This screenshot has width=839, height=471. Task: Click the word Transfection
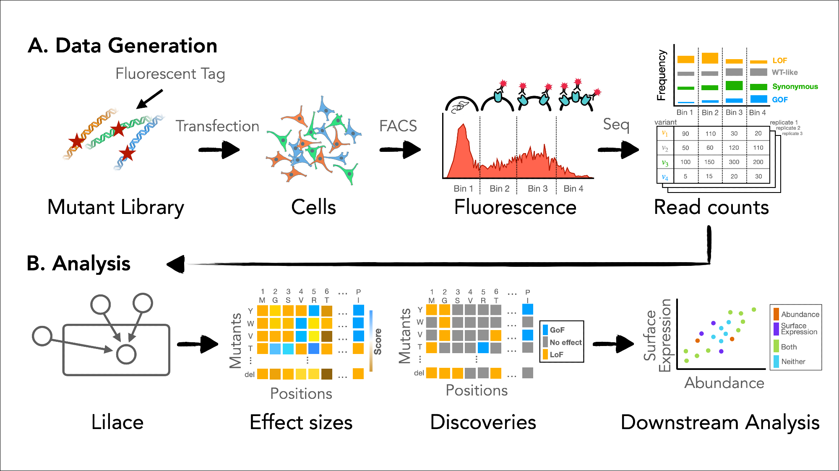pyautogui.click(x=217, y=126)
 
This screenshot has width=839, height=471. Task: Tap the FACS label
pyautogui.click(x=398, y=126)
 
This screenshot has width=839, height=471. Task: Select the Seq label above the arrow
pyautogui.click(x=616, y=125)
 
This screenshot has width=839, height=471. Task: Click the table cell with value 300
pyautogui.click(x=734, y=162)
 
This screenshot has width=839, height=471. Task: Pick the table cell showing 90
pyautogui.click(x=685, y=134)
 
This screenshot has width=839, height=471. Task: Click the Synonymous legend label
pyautogui.click(x=795, y=86)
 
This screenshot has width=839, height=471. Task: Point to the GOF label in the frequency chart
pyautogui.click(x=780, y=100)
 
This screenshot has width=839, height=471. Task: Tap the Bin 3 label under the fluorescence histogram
pyautogui.click(x=537, y=189)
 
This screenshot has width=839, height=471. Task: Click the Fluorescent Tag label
pyautogui.click(x=170, y=74)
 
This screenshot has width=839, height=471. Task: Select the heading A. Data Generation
pyautogui.click(x=122, y=45)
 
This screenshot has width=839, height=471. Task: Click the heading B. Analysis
pyautogui.click(x=78, y=263)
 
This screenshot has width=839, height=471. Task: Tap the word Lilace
pyautogui.click(x=117, y=422)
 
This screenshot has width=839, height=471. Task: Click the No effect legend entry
pyautogui.click(x=565, y=342)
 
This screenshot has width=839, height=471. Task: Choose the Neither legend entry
pyautogui.click(x=793, y=362)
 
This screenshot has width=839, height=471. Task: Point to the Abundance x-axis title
pyautogui.click(x=724, y=383)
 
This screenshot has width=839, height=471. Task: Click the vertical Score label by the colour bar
pyautogui.click(x=378, y=341)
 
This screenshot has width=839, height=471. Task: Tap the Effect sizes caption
pyautogui.click(x=301, y=422)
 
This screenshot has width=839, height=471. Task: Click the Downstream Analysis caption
pyautogui.click(x=720, y=422)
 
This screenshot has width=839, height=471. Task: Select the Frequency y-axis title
pyautogui.click(x=662, y=75)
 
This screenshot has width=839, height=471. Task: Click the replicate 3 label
pyautogui.click(x=792, y=134)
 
